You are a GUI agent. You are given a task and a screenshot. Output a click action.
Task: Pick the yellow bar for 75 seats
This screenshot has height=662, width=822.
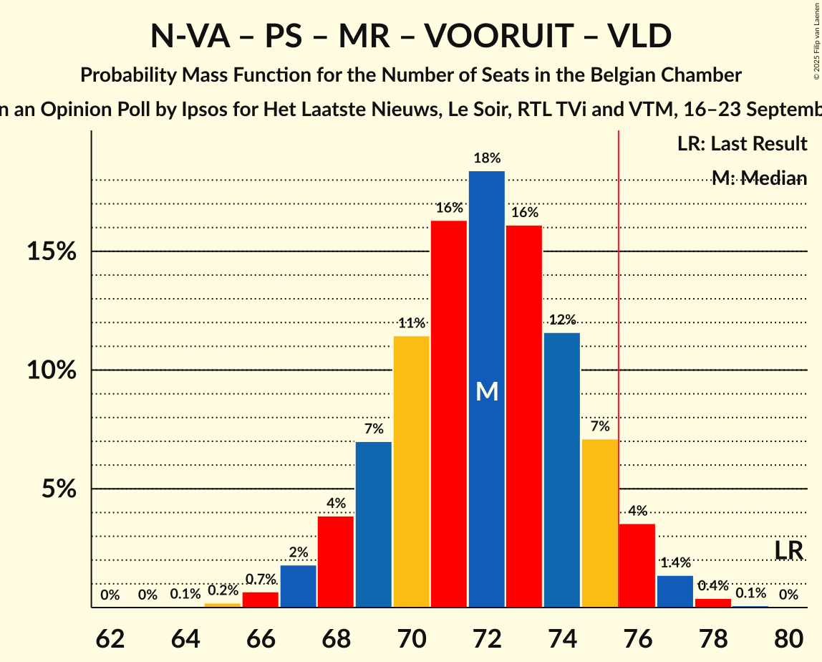[599, 523]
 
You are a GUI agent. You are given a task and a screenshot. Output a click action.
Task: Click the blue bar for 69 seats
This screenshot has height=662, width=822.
[374, 524]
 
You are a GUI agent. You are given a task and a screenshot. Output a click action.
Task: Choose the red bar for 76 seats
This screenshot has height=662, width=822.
[637, 566]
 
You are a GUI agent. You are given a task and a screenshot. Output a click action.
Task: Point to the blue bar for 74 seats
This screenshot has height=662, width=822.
[562, 470]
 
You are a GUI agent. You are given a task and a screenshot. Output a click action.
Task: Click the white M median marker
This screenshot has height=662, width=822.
[487, 391]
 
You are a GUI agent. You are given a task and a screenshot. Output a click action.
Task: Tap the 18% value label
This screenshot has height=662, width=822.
[487, 158]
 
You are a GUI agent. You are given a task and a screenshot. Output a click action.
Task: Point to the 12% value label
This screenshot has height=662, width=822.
[562, 320]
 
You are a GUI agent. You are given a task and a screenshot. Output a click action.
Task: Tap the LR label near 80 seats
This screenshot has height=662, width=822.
[789, 550]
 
